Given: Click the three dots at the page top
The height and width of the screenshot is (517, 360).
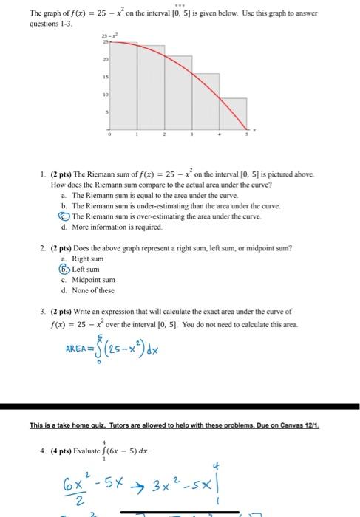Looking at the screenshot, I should tap(179, 3).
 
